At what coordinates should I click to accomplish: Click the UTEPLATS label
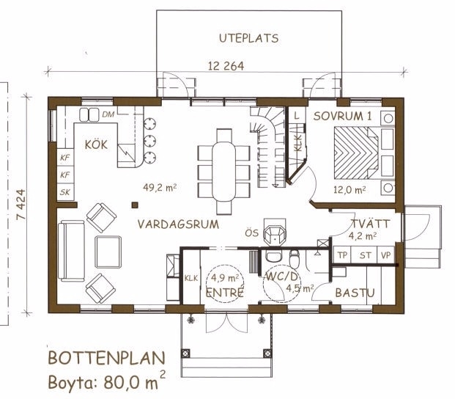tap(248, 38)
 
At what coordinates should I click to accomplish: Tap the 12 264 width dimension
tap(226, 66)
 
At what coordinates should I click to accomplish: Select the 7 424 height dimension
tap(21, 205)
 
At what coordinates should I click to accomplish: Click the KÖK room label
tap(96, 144)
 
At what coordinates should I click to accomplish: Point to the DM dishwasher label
tap(108, 114)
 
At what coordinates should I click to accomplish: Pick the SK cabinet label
tap(65, 192)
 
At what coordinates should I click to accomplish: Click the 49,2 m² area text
tap(160, 188)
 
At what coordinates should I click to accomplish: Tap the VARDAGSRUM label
tap(178, 224)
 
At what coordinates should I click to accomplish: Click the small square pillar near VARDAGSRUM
tap(135, 205)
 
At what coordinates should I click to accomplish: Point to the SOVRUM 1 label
tap(342, 116)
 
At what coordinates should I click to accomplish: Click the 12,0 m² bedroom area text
tap(349, 190)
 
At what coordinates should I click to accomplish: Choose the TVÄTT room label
tap(371, 224)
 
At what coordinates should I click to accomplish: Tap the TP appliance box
tap(342, 255)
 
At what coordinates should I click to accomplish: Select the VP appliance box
tap(385, 255)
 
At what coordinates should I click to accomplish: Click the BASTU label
tap(355, 293)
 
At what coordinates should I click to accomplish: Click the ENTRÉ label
tap(224, 293)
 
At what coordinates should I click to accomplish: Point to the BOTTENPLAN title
tap(106, 358)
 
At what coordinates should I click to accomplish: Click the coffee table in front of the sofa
tap(108, 252)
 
